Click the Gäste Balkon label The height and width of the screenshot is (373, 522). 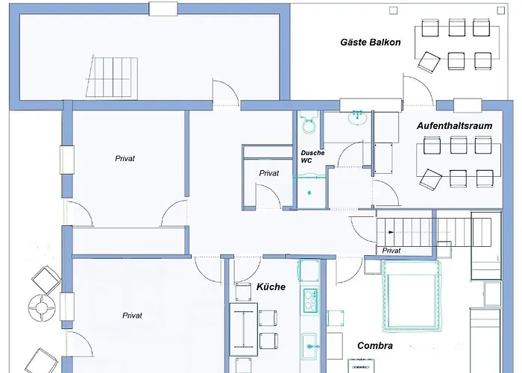(x=370, y=43)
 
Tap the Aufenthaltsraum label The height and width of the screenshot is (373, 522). (x=454, y=126)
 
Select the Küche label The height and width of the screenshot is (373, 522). (x=271, y=286)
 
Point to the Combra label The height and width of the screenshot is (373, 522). (x=375, y=345)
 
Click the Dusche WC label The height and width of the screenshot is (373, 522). (x=312, y=157)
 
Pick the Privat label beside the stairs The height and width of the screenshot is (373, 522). (x=391, y=251)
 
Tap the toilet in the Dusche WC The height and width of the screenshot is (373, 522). (x=309, y=123)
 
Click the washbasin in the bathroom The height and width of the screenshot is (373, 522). (x=357, y=118)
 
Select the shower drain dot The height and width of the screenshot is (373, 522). (x=309, y=192)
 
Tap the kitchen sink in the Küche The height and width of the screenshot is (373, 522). (x=309, y=347)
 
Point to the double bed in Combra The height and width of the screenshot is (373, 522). (x=412, y=296)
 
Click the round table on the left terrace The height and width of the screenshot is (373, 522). (x=42, y=307)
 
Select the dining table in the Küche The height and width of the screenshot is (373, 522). (x=244, y=329)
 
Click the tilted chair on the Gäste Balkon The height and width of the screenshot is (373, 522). (x=429, y=62)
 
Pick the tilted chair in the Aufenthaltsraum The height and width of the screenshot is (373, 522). (x=431, y=180)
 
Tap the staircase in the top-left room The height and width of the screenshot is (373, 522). (x=112, y=78)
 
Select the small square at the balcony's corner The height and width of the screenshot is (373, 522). (x=500, y=10)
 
